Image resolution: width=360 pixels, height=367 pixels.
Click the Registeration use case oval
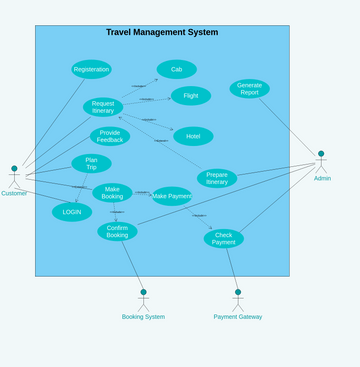[x=91, y=69]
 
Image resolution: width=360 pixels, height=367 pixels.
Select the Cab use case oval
[x=176, y=69]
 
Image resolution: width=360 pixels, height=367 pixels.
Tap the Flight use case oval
[x=190, y=96]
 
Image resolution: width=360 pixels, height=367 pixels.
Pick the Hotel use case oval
[x=193, y=136]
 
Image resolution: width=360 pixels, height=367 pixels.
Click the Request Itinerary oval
[x=103, y=107]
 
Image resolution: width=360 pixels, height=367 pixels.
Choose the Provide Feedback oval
[x=110, y=136]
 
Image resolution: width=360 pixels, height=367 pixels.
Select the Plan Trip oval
[x=91, y=163]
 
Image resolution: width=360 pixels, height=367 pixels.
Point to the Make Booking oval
[x=112, y=193]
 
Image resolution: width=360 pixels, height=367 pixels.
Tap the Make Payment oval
[x=172, y=196]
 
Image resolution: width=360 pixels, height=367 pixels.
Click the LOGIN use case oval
[x=72, y=212]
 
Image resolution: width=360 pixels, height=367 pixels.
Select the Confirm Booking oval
[x=117, y=231]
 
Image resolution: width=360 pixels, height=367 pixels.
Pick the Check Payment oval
[x=223, y=238]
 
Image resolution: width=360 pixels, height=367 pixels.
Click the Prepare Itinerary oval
[x=217, y=178]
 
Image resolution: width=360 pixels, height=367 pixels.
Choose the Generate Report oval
[x=249, y=89]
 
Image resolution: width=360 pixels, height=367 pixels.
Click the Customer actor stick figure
[x=14, y=177]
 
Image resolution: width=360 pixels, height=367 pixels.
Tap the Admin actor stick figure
[x=321, y=162]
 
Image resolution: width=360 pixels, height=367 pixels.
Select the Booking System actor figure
[x=143, y=300]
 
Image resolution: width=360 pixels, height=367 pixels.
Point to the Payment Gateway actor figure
[x=238, y=300]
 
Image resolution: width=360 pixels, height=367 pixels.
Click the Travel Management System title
[x=162, y=33]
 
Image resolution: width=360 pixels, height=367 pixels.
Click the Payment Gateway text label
[x=238, y=317]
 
